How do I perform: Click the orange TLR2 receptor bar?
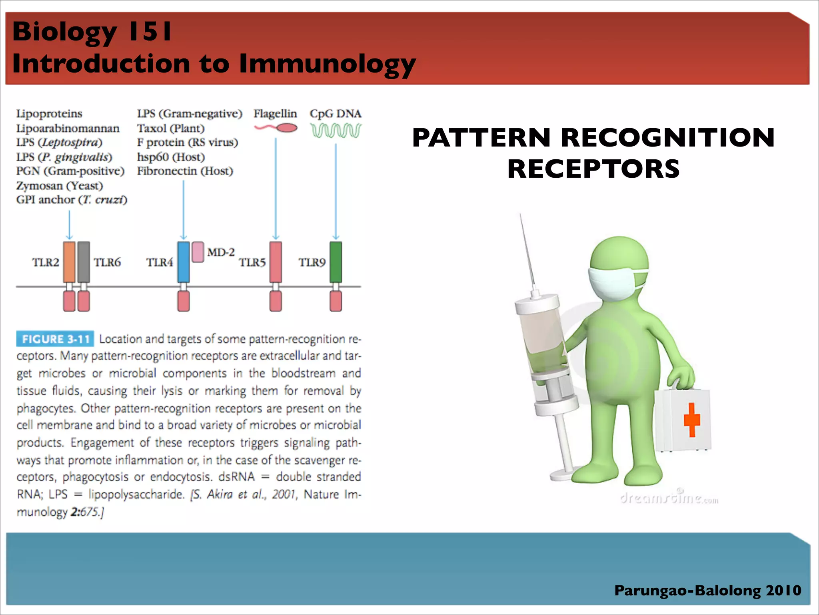pos(69,262)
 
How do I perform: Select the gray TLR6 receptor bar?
pos(84,262)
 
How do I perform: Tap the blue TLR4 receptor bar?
pos(183,262)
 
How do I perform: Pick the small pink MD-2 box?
pos(198,252)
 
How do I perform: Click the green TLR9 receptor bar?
pos(336,262)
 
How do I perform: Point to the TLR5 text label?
pos(252,263)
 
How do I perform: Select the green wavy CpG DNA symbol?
pos(336,130)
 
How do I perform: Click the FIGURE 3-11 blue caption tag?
pos(55,339)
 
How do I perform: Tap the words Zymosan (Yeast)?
pos(60,186)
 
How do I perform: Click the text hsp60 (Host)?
pos(171,157)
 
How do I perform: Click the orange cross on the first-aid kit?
pos(692,419)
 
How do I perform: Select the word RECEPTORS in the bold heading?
pos(593,169)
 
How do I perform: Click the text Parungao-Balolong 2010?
pos(707,590)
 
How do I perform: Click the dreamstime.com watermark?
pos(669,498)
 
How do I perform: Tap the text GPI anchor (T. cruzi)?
pos(72,200)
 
